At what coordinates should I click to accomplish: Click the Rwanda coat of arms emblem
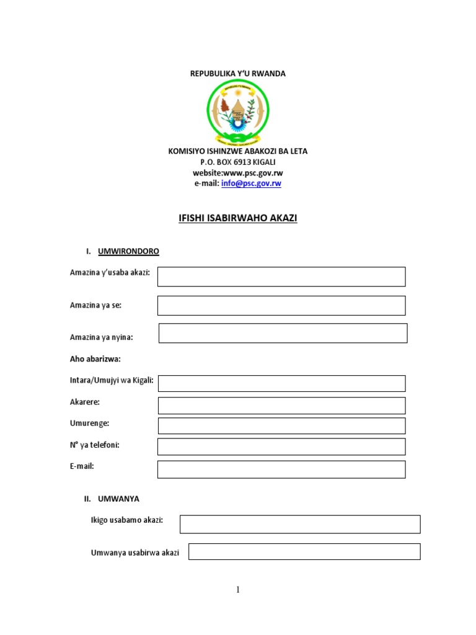[x=237, y=112]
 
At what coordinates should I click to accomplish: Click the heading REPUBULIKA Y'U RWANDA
[x=237, y=74]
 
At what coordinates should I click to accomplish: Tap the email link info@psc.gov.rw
[x=251, y=184]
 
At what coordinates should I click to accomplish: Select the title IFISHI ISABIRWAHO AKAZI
[x=237, y=218]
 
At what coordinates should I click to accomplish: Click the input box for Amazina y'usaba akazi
[x=281, y=277]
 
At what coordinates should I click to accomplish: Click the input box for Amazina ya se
[x=281, y=306]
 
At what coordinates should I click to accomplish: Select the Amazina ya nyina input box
[x=283, y=333]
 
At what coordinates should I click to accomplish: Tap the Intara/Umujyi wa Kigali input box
[x=281, y=383]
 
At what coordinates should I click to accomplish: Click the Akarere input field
[x=281, y=406]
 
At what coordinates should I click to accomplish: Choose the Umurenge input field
[x=281, y=426]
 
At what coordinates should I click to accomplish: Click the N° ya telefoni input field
[x=281, y=446]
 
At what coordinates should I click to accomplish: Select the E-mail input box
[x=281, y=469]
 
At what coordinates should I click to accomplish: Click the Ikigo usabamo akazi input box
[x=300, y=524]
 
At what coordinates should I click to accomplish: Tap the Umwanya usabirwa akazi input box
[x=304, y=552]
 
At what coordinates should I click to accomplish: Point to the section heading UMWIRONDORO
[x=128, y=251]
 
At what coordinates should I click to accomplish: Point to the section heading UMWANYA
[x=118, y=499]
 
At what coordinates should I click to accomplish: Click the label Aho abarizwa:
[x=95, y=359]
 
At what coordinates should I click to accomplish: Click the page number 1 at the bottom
[x=237, y=590]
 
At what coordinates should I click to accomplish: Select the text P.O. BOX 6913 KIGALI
[x=237, y=162]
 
